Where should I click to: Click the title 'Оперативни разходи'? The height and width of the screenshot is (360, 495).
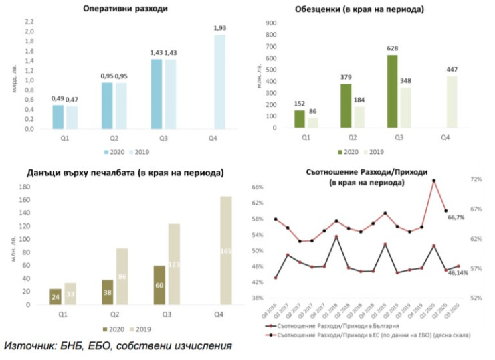[126, 9]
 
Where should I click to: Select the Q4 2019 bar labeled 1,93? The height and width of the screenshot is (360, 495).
[219, 82]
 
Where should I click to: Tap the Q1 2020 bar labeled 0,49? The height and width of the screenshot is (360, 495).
[58, 117]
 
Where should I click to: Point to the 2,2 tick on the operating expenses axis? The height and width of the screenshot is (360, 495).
[29, 21]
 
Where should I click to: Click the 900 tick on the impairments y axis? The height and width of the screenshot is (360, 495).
[272, 22]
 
